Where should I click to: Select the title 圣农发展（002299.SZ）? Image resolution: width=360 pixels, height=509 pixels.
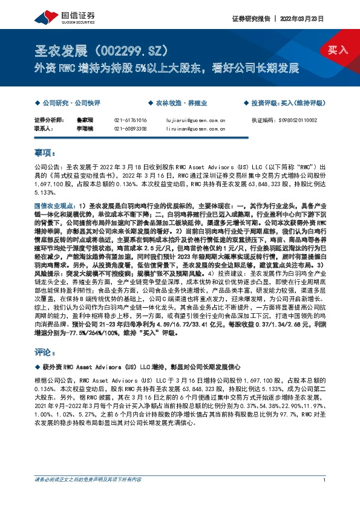pos(102,50)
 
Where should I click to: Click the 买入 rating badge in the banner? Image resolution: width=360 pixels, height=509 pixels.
pos(338,49)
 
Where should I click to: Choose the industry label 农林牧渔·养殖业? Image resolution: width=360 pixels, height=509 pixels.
pos(178,103)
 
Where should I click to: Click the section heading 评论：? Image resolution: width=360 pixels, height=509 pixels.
pos(45,351)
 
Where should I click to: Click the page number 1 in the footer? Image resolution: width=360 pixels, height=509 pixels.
pos(325,479)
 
